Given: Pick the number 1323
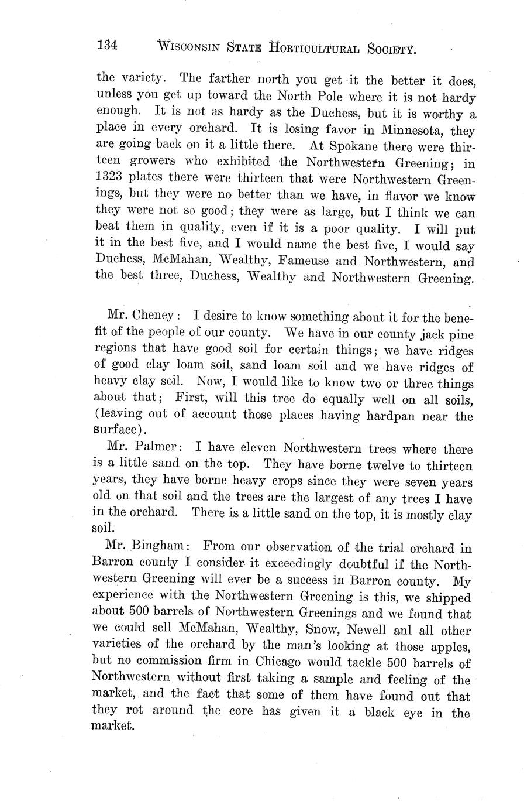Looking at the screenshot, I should [x=111, y=177].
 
